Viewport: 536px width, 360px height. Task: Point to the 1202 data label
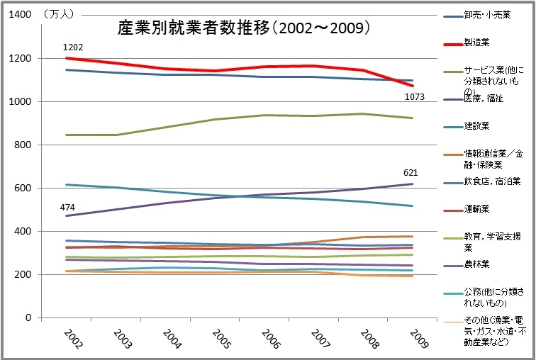[x=73, y=47]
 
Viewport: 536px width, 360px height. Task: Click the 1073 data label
[x=414, y=96]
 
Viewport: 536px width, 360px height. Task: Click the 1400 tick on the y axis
[x=19, y=16]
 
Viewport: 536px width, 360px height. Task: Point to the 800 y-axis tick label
[x=22, y=145]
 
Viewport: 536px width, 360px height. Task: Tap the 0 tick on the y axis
[x=28, y=317]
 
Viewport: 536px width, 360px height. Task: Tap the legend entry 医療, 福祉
[x=484, y=99]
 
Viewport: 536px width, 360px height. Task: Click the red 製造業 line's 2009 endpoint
[x=413, y=85]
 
